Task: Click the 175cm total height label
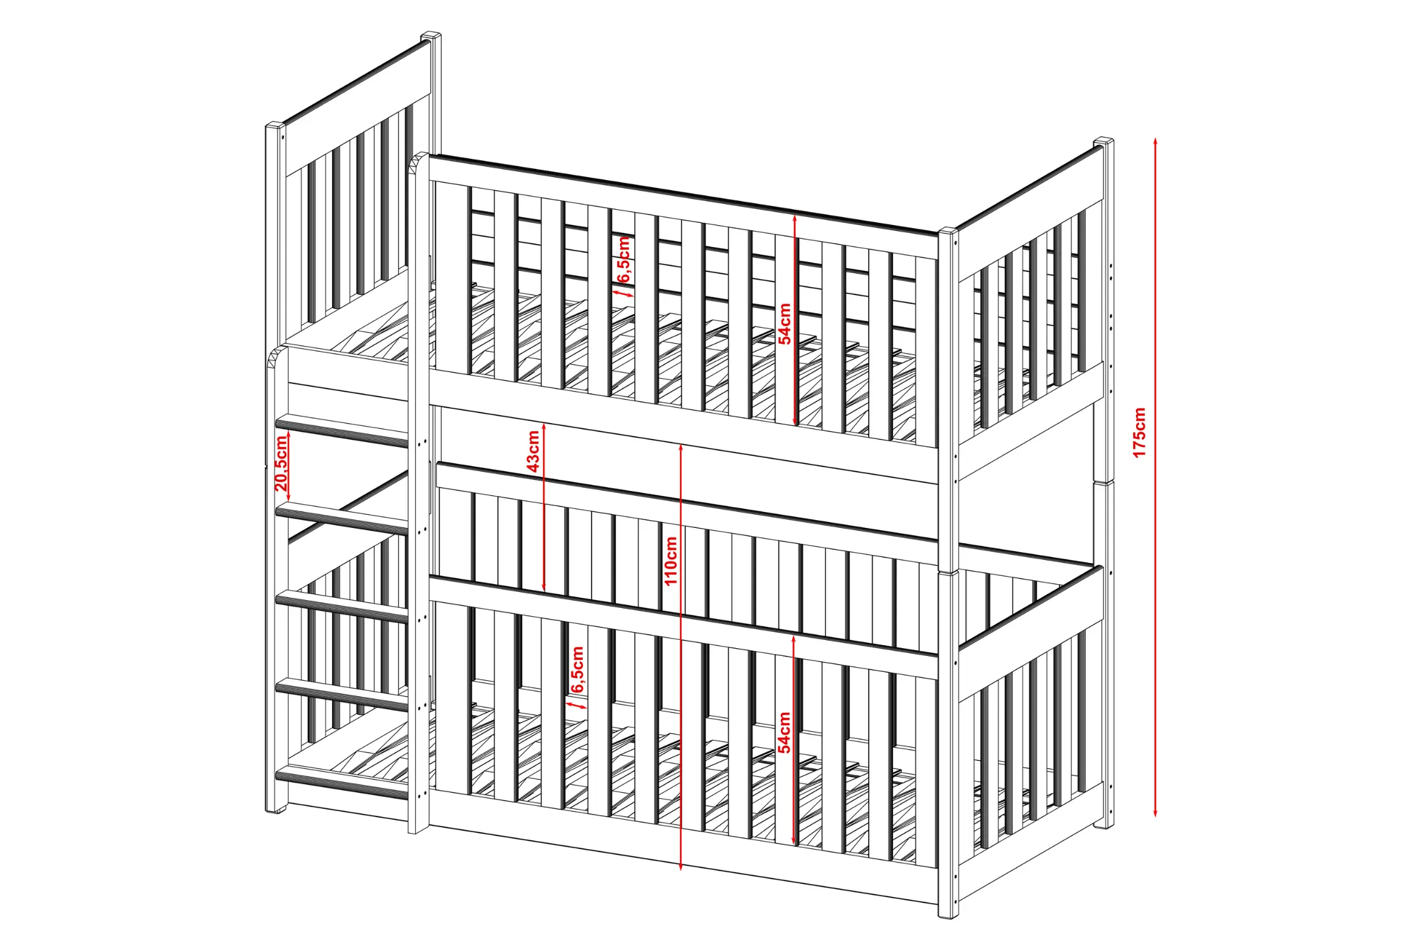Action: (x=1139, y=433)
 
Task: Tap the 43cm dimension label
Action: (x=533, y=450)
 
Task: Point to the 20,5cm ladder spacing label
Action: (x=281, y=463)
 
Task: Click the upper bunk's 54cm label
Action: (x=784, y=324)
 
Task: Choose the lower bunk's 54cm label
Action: (x=784, y=732)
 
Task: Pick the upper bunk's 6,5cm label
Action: (x=624, y=260)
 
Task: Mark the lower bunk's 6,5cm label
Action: (x=577, y=670)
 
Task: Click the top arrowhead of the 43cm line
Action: (x=544, y=427)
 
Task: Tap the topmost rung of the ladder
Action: (x=342, y=431)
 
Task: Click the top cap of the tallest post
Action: (x=431, y=36)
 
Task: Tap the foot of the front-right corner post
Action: (x=949, y=914)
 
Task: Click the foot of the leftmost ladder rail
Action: (x=276, y=808)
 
